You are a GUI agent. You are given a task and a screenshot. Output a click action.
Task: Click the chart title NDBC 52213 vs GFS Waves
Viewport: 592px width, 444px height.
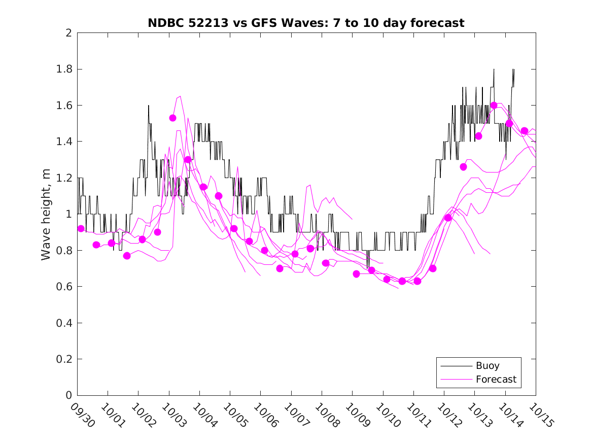[x=306, y=23]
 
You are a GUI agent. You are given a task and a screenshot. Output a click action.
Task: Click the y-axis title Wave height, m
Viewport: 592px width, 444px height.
[x=46, y=215]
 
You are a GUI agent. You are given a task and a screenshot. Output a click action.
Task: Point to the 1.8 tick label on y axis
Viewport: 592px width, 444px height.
[x=64, y=69]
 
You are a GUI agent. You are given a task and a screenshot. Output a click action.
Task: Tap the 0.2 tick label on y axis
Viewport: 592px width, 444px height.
[x=64, y=359]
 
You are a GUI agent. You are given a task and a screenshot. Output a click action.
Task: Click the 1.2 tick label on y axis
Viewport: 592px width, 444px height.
[x=64, y=178]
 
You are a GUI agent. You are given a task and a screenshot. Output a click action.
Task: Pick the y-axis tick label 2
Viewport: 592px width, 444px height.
[x=68, y=33]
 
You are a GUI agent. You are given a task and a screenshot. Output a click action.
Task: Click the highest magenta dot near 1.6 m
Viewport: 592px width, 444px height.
[x=494, y=105]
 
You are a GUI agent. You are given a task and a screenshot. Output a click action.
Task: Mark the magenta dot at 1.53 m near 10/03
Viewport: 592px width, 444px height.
[x=172, y=118]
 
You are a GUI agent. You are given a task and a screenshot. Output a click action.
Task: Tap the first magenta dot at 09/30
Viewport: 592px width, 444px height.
[x=81, y=228]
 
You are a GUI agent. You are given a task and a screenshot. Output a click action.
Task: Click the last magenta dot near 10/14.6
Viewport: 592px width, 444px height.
[x=525, y=130]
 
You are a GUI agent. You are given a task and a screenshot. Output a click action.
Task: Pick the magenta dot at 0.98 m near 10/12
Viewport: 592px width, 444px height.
[x=448, y=218]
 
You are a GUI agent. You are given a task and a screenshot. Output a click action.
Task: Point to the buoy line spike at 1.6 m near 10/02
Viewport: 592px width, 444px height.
[x=149, y=106]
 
